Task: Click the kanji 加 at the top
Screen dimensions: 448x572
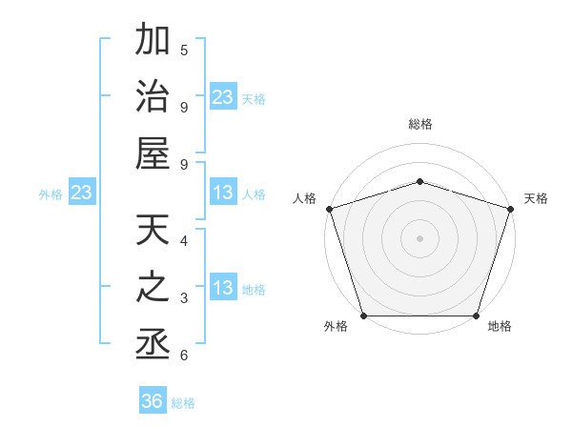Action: [x=153, y=43]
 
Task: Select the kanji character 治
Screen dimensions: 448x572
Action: [x=153, y=99]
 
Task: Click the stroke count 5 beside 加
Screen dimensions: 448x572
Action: [x=184, y=50]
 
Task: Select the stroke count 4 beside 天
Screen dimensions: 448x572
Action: [x=184, y=241]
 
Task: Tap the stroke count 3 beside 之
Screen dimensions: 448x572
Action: [x=184, y=298]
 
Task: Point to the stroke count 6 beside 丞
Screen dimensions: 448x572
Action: [x=184, y=356]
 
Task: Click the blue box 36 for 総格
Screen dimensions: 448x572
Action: [x=153, y=401]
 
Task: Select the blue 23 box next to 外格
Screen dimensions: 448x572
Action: [x=81, y=193]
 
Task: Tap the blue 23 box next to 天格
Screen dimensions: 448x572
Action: [x=223, y=97]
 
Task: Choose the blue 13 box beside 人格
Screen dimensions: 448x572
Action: [x=223, y=193]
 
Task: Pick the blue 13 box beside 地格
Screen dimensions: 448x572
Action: [x=223, y=289]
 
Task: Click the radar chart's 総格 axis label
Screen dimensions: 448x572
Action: [x=419, y=124]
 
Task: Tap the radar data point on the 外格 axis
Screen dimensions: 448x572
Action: [x=364, y=316]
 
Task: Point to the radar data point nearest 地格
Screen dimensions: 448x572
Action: [x=476, y=316]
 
